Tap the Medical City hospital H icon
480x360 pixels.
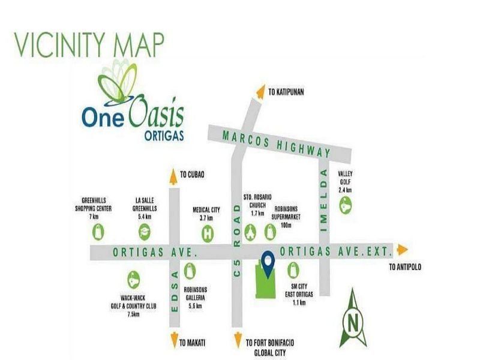coord(208,234)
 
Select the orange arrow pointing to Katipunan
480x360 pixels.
coord(260,92)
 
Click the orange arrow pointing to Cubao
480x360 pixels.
coord(173,176)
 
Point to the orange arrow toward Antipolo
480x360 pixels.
coord(402,250)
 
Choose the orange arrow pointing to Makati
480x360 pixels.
coord(174,340)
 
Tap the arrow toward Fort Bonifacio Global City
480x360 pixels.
coord(238,340)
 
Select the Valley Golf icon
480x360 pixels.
coord(346,205)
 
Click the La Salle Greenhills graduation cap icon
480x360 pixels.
coord(145,232)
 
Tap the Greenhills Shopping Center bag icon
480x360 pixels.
coord(98,232)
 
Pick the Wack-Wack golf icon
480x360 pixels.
coord(133,280)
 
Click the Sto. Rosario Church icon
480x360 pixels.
coord(250,233)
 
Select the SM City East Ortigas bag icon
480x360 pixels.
coord(293,270)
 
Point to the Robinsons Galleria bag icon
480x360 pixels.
coord(190,271)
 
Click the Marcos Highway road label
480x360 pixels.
coord(277,144)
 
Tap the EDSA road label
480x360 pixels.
coord(175,291)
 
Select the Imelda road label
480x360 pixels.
coord(324,201)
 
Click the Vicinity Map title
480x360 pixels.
coord(89,44)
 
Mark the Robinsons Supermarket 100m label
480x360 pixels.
coord(286,217)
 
